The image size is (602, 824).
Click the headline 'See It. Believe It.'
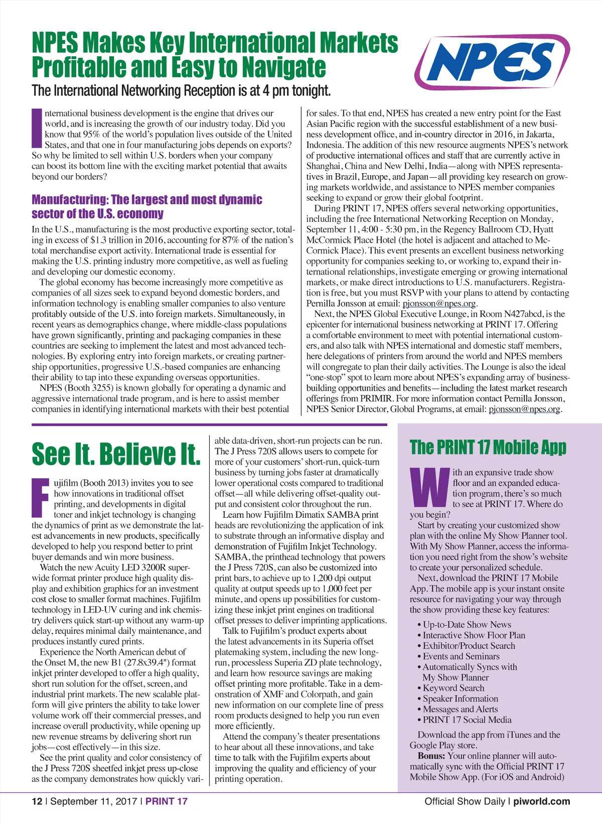tap(116, 454)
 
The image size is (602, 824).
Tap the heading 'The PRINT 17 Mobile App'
tap(488, 447)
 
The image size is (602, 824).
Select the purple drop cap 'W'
tap(429, 487)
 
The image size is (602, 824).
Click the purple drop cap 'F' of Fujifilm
tap(41, 497)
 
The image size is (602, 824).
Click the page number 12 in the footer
tap(37, 801)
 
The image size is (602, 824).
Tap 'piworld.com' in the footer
tap(541, 801)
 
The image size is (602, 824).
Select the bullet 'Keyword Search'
tap(454, 688)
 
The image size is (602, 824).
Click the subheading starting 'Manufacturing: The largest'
tap(146, 207)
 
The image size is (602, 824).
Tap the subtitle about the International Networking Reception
tap(181, 91)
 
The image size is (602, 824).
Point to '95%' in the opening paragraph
tap(92, 134)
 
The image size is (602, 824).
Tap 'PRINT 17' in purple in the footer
tap(167, 801)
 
